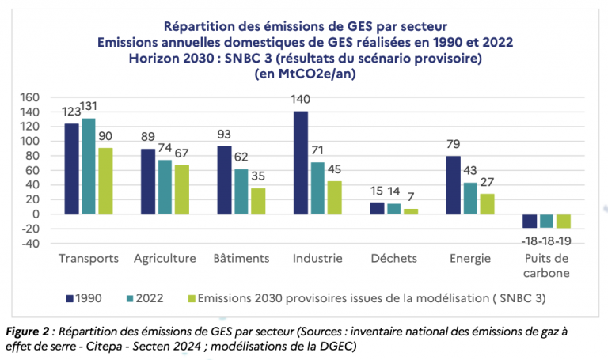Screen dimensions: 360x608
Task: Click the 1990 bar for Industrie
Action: (x=301, y=163)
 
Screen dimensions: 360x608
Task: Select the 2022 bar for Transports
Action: (x=89, y=166)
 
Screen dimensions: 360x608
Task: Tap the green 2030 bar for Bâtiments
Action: (x=258, y=201)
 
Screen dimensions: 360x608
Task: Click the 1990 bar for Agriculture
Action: (x=148, y=181)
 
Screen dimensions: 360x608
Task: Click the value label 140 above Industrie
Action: (x=301, y=100)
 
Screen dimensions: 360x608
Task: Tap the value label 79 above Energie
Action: (x=454, y=144)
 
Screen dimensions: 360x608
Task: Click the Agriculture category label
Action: (x=164, y=259)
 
